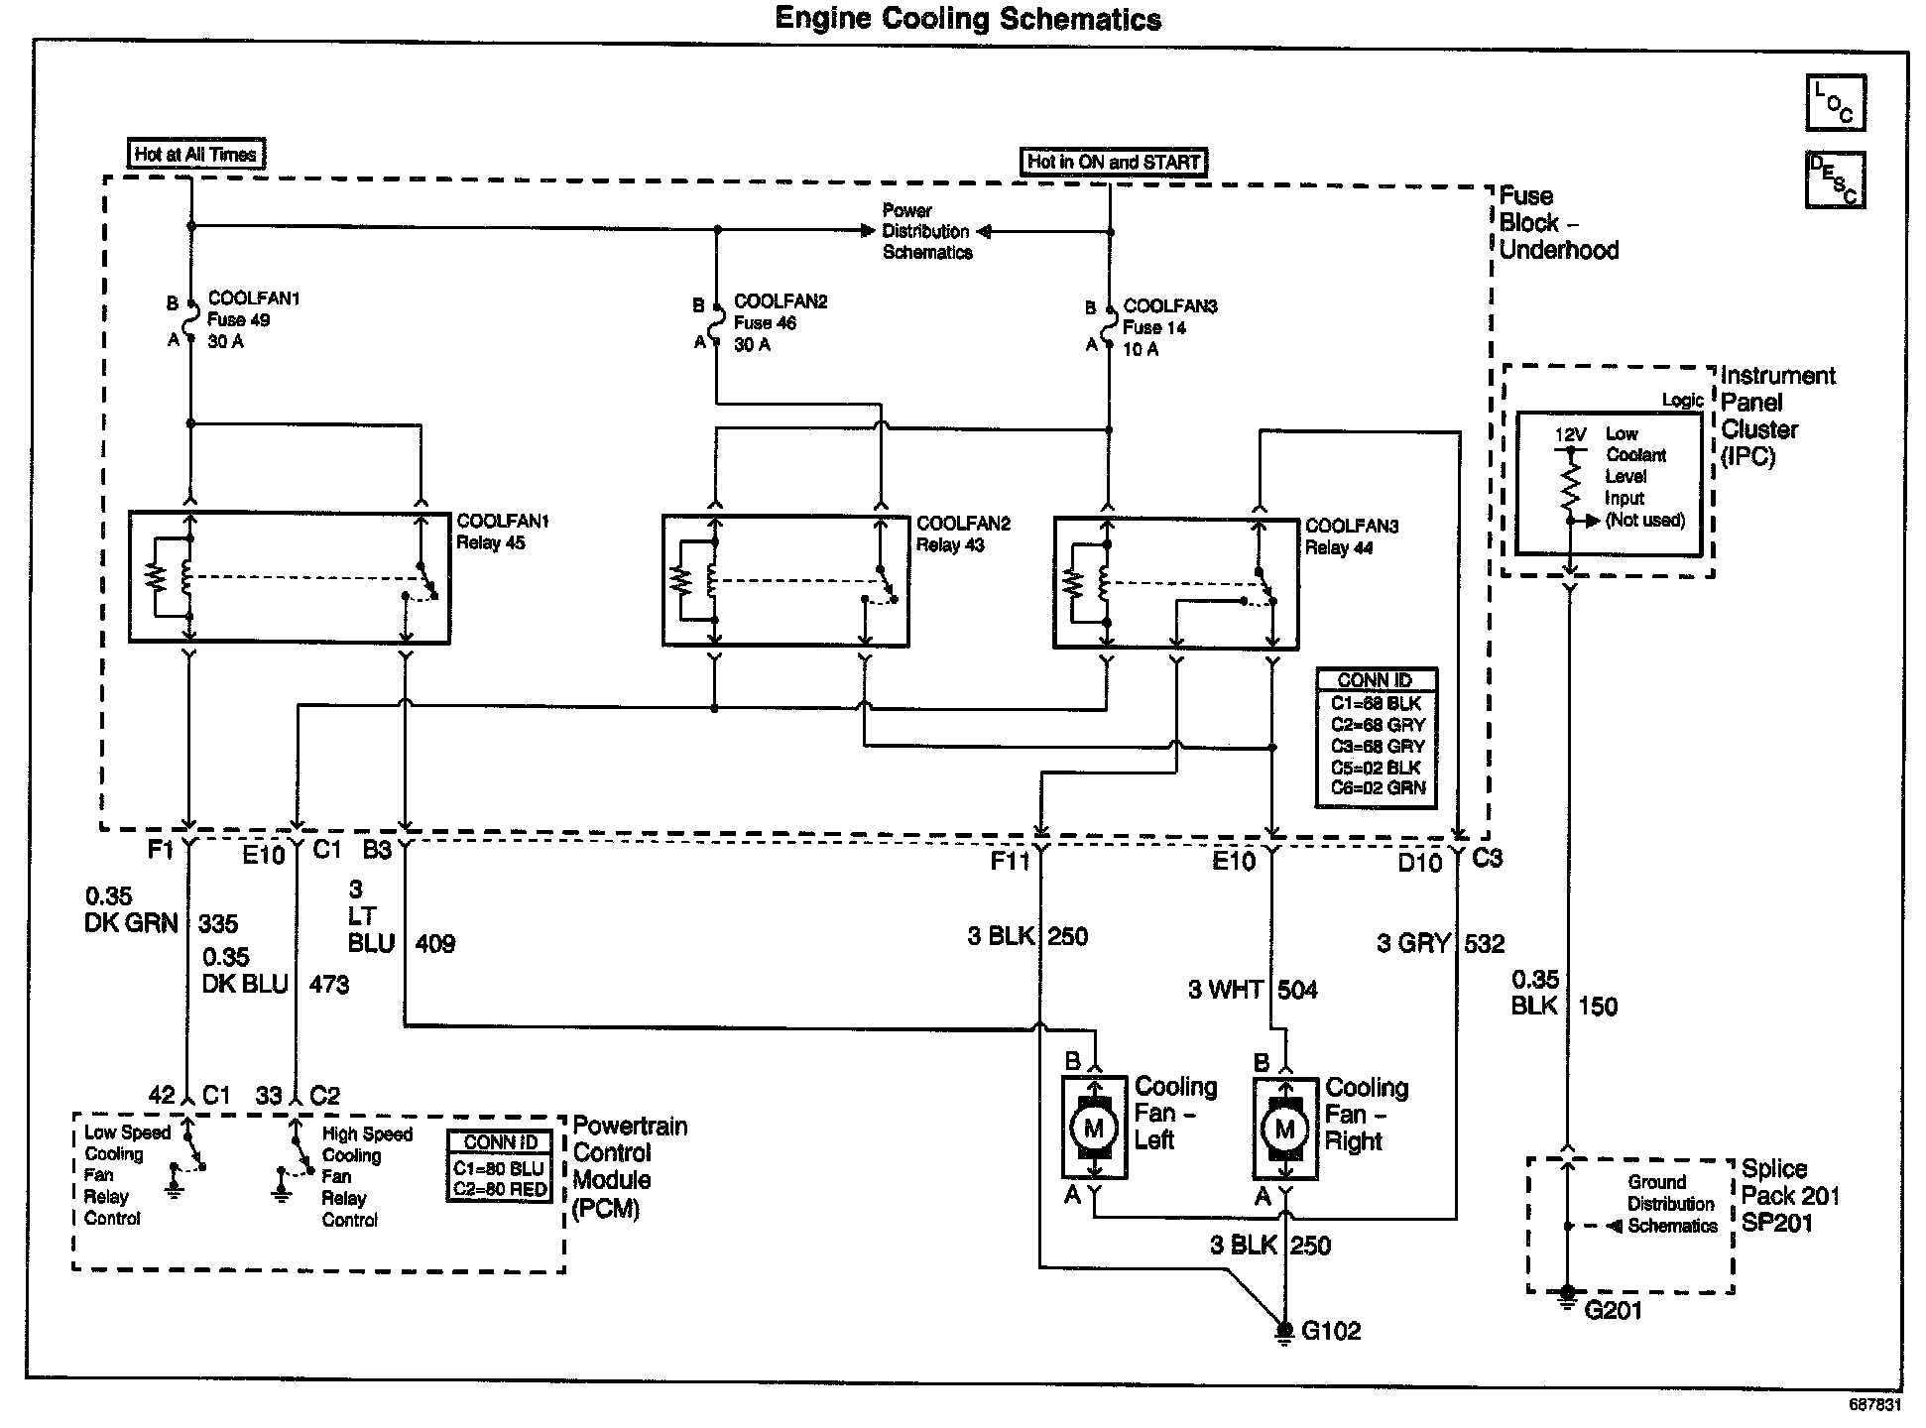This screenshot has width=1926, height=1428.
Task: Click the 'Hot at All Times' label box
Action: click(x=196, y=154)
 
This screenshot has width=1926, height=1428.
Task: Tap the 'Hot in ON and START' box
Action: click(x=1113, y=162)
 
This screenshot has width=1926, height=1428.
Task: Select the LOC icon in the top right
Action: click(x=1835, y=103)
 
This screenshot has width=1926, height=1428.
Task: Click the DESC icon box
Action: click(x=1835, y=179)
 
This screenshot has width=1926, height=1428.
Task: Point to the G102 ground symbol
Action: click(x=1284, y=1330)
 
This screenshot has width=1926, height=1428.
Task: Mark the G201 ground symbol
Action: click(x=1567, y=1294)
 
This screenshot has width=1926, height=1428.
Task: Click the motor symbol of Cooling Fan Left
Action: click(x=1094, y=1128)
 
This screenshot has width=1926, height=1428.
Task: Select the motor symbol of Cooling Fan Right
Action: click(x=1285, y=1129)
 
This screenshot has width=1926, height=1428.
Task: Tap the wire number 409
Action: click(x=435, y=943)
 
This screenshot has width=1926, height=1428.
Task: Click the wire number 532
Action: click(x=1485, y=943)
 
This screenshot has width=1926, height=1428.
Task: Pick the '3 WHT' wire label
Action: click(x=1225, y=990)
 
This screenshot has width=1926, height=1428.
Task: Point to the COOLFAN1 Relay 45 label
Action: click(x=503, y=532)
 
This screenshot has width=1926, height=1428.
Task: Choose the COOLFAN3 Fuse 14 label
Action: click(x=1169, y=327)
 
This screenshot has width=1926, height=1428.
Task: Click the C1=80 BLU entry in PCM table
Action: click(x=499, y=1168)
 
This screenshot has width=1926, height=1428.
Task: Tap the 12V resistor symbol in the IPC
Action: click(x=1570, y=486)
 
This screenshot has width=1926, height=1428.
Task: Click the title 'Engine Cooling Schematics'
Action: click(x=967, y=19)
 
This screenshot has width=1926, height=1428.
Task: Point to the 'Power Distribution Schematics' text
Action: click(x=926, y=231)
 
